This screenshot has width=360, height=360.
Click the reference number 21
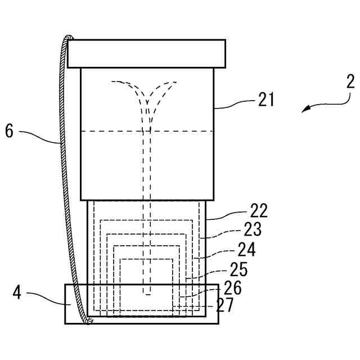point(266,100)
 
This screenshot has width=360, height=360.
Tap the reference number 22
point(259,211)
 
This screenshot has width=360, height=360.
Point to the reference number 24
point(246,249)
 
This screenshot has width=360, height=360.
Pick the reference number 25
point(240,269)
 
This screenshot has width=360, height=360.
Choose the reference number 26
point(232,288)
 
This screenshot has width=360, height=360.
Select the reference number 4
point(17,294)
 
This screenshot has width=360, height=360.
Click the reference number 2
point(350,82)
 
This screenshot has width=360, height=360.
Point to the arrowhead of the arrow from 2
point(304,111)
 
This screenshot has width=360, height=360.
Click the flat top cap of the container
point(146,53)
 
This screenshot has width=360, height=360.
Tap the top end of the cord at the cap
point(70,38)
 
